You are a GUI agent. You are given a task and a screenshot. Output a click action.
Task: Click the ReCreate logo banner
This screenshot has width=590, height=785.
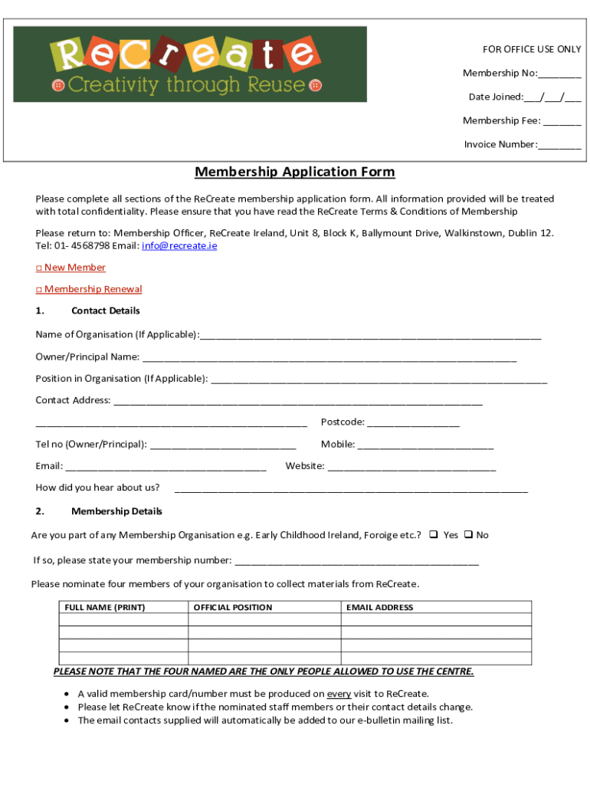(190, 64)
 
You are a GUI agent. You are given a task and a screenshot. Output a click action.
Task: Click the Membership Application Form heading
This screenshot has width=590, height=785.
(294, 172)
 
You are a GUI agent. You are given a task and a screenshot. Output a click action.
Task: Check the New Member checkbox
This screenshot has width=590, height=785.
(39, 268)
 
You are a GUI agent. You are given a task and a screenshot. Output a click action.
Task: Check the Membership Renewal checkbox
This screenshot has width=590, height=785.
(39, 290)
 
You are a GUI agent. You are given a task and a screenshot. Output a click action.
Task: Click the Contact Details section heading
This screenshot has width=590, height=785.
(105, 310)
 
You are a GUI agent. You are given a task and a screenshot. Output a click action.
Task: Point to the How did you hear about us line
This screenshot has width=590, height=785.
(351, 489)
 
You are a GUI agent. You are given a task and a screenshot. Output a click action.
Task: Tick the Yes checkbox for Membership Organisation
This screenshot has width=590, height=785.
(433, 535)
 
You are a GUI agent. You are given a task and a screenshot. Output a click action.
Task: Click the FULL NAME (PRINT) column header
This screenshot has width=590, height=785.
(105, 607)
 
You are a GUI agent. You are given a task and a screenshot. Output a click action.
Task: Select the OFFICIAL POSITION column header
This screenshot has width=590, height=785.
(232, 607)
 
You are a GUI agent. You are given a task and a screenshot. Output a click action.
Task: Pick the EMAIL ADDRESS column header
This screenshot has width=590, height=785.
(379, 607)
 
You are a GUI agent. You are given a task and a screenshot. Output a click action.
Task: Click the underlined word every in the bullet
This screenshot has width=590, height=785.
(339, 695)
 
